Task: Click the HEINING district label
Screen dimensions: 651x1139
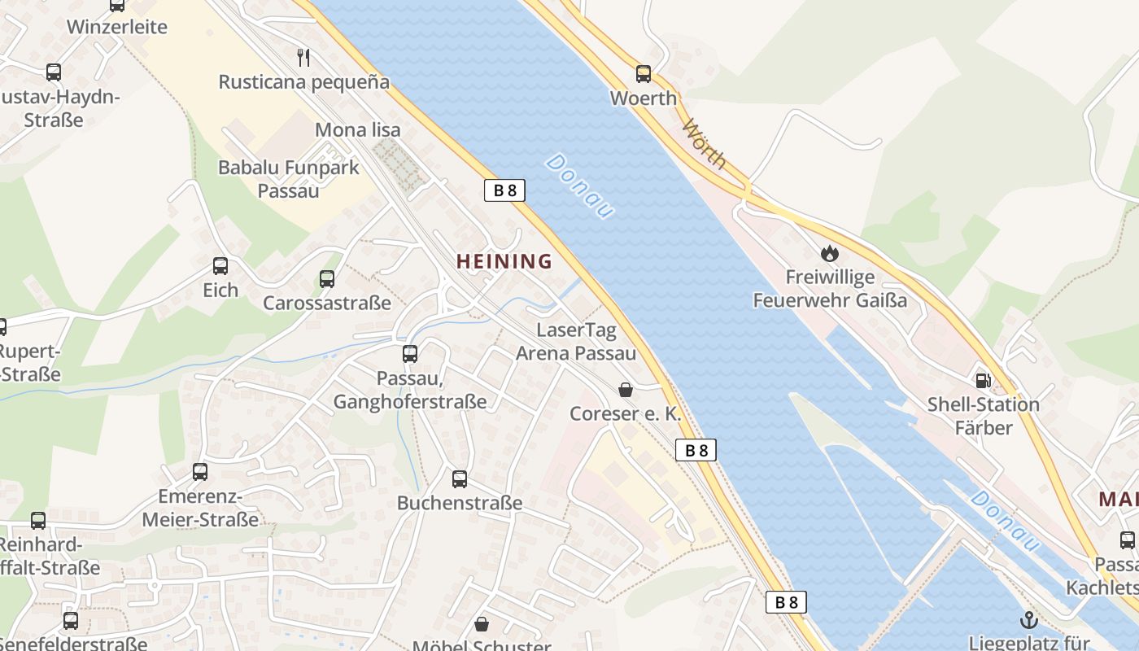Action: [504, 261]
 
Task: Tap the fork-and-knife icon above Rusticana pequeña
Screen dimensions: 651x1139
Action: [303, 57]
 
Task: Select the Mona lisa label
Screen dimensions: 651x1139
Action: [357, 129]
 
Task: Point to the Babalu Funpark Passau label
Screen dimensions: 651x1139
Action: [289, 179]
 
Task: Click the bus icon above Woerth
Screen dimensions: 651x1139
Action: [644, 74]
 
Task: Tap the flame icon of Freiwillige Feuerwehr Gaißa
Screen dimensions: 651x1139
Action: [829, 253]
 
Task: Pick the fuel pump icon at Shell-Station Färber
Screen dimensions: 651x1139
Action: [984, 380]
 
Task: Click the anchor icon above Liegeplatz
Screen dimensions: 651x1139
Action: [1029, 620]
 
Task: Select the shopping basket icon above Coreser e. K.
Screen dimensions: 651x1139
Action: [626, 390]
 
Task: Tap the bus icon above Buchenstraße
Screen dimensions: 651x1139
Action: [460, 478]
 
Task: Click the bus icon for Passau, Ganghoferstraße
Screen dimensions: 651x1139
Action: [410, 354]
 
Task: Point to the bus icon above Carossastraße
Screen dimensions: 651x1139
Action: [327, 279]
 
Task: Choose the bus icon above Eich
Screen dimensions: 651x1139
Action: [220, 266]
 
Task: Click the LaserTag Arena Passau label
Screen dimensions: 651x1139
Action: [576, 342]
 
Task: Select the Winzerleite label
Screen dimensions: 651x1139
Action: [117, 27]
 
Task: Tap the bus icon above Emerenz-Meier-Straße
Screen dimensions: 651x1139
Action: [200, 472]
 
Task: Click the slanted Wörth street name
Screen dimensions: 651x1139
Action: [704, 144]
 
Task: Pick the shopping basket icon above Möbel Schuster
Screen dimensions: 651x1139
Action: [482, 624]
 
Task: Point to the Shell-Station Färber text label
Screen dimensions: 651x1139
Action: [984, 416]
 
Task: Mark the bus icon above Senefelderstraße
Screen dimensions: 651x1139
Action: [71, 621]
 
